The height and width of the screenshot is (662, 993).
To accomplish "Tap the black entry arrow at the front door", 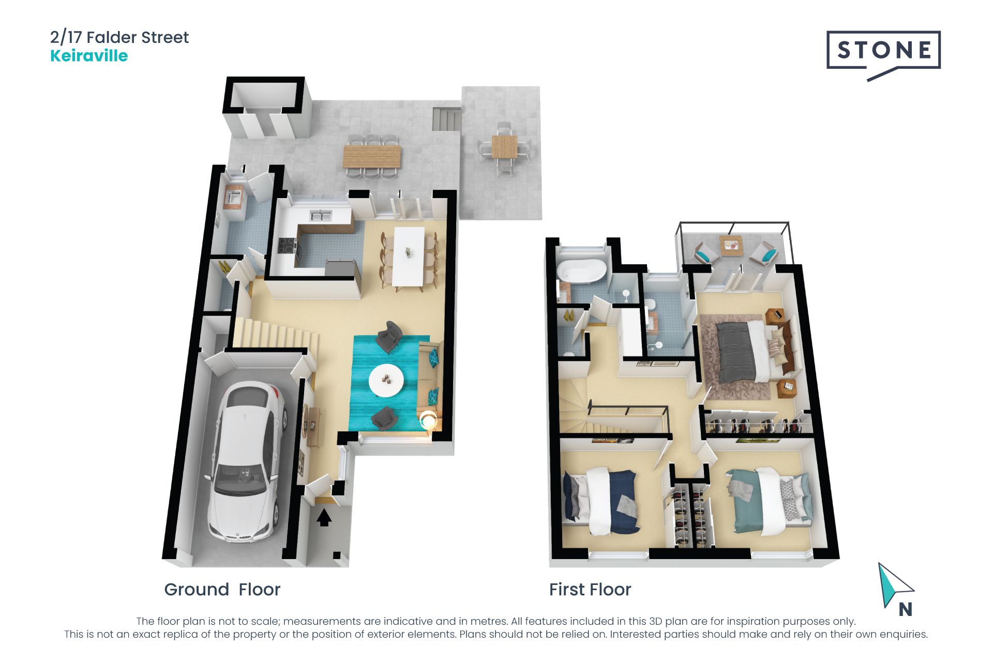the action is point(324,518).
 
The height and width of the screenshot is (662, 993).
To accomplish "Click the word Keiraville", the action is point(89,56).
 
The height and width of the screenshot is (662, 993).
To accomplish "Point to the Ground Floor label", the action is point(222,590).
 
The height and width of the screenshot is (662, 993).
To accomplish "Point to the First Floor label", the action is point(590,590).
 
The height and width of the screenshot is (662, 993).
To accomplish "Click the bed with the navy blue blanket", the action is point(603,501).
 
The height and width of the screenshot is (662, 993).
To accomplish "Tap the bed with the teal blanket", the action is point(769,501).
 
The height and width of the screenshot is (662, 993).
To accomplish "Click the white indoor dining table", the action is point(409,256).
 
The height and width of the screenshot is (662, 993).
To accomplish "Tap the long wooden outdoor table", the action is point(372,156).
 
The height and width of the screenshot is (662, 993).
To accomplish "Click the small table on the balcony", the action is point(731,246).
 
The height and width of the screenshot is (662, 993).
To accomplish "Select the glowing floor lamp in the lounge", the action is point(429,420).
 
